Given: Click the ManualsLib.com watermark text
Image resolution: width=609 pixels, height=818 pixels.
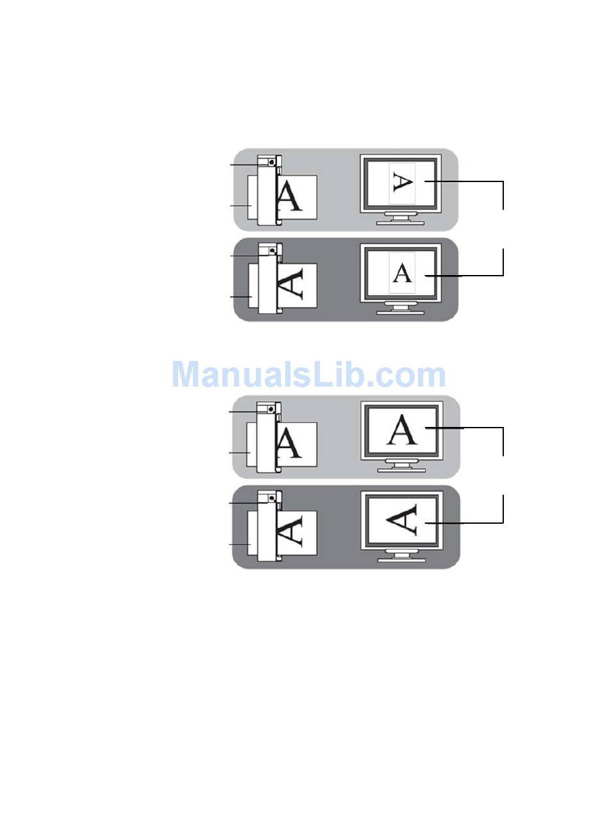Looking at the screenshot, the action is coord(308,375).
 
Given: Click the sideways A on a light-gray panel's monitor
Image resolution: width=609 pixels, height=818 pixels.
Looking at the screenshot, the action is coord(402,183).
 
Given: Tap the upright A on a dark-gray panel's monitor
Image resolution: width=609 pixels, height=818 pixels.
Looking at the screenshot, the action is coord(402,273).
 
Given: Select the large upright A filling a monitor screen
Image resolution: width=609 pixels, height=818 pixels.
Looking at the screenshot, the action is coord(402,430).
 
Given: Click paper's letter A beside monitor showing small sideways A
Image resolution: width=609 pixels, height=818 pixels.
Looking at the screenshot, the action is coord(290,196).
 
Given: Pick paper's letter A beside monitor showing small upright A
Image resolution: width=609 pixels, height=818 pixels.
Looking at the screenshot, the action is coord(290,285).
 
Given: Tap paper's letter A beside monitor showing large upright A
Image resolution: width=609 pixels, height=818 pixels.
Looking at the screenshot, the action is coord(290,443).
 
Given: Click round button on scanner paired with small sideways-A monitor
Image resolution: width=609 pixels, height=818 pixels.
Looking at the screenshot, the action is coord(272,163).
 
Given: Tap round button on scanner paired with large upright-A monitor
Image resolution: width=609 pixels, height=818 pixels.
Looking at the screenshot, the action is coord(272,408).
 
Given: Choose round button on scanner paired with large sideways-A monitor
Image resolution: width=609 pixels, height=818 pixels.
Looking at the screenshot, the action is coord(272,497).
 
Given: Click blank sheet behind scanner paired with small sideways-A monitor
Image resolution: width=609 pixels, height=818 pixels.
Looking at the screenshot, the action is coord(252,199).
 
